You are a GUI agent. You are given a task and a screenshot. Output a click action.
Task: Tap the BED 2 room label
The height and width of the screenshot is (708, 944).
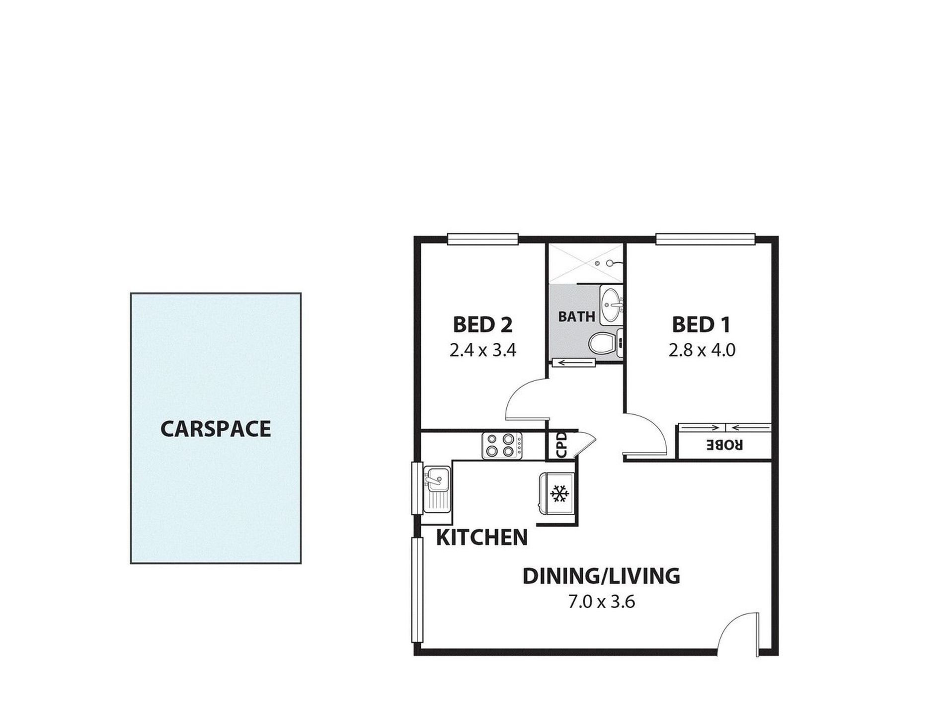(x=482, y=325)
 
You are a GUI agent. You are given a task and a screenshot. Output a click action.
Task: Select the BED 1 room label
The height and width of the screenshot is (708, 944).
(x=701, y=325)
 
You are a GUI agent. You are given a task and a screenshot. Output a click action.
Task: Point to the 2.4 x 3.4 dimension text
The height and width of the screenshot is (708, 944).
(x=482, y=351)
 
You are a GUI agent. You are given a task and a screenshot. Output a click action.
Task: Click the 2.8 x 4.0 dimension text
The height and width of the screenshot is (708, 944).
(x=701, y=351)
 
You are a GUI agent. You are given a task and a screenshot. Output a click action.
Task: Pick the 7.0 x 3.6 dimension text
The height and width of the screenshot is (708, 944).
(x=602, y=603)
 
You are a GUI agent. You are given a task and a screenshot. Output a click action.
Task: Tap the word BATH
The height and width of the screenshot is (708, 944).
(x=576, y=316)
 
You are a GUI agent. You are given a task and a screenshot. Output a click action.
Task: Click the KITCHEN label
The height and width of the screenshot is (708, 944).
(x=481, y=537)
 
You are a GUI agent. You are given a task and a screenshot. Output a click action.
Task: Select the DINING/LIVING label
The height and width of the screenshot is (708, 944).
(x=601, y=576)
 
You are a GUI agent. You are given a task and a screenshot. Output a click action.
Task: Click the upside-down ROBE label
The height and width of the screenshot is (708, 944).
(x=725, y=445)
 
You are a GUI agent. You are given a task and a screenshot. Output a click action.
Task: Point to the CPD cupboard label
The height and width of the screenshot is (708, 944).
(x=561, y=445)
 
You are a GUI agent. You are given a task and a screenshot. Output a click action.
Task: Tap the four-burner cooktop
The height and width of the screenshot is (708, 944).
(x=502, y=445)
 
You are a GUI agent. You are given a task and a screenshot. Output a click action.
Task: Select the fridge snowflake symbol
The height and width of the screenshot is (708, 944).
(x=559, y=494)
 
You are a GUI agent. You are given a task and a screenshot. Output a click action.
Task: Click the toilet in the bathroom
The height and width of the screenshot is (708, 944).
(x=602, y=343)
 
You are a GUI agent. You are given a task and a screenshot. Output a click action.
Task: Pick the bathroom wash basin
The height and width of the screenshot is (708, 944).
(x=611, y=304)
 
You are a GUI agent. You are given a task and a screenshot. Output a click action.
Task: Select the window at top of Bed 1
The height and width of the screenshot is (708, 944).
(x=706, y=239)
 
